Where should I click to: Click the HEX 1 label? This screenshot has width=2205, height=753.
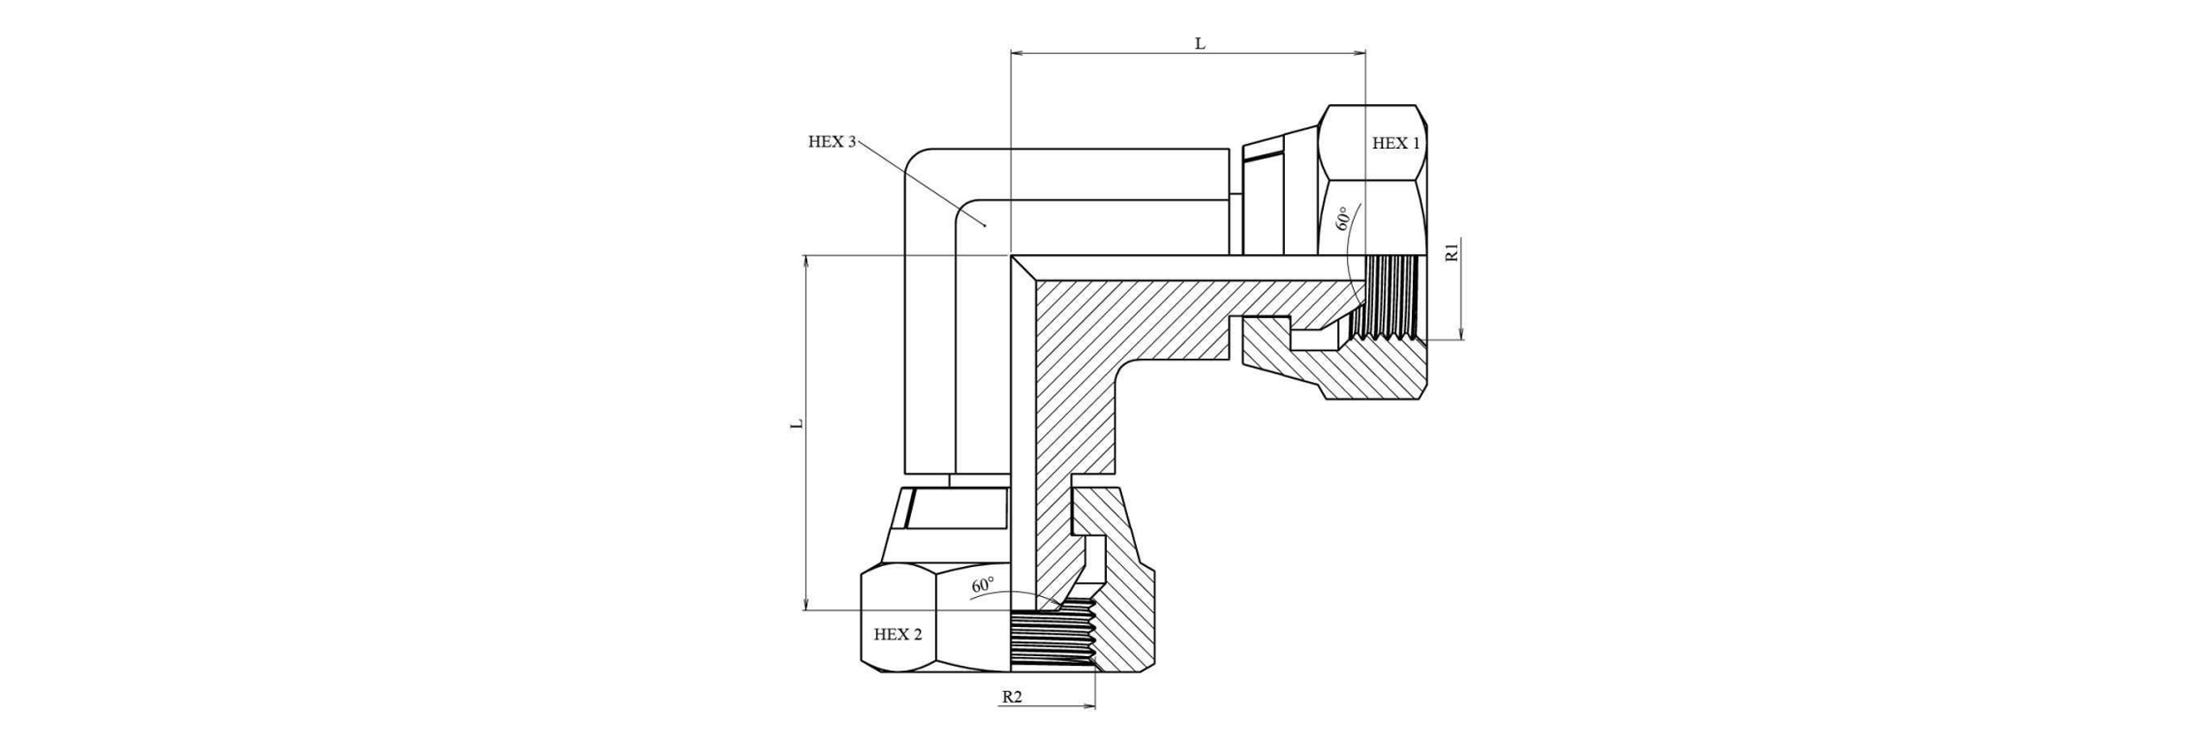click(x=1396, y=144)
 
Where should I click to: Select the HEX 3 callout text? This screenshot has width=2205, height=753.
click(x=832, y=142)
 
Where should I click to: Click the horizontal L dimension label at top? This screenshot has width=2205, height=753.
click(x=1200, y=43)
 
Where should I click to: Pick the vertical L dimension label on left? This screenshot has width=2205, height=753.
click(x=797, y=423)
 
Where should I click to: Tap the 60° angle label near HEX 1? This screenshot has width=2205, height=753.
click(x=1343, y=219)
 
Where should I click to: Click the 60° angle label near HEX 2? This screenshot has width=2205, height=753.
click(x=983, y=585)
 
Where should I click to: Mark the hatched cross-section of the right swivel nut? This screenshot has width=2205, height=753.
click(x=1376, y=375)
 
